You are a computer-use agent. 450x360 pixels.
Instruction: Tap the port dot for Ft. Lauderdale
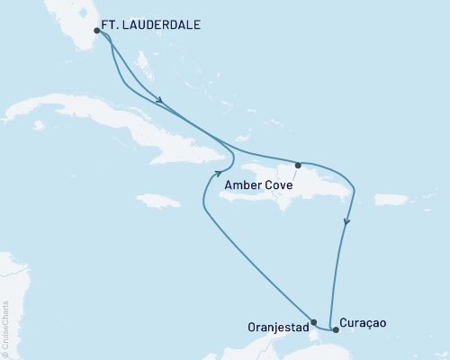click(97, 31)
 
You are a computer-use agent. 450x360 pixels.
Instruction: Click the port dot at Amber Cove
click(298, 165)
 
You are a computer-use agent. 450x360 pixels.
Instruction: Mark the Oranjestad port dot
click(313, 321)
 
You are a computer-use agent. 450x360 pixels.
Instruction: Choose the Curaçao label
click(364, 321)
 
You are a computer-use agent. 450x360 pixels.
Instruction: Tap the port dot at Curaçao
click(336, 329)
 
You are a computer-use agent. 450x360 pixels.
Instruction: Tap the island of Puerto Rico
click(391, 199)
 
